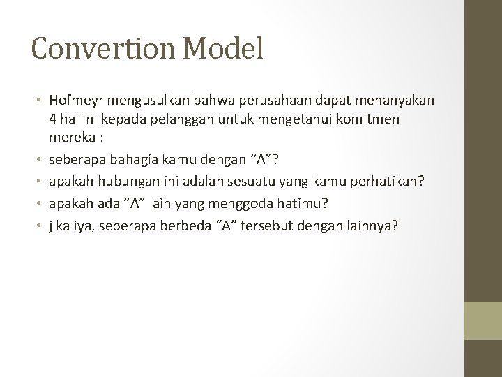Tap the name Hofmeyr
[x=78, y=102]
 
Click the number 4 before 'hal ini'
[x=52, y=119]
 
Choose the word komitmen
[x=374, y=119]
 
